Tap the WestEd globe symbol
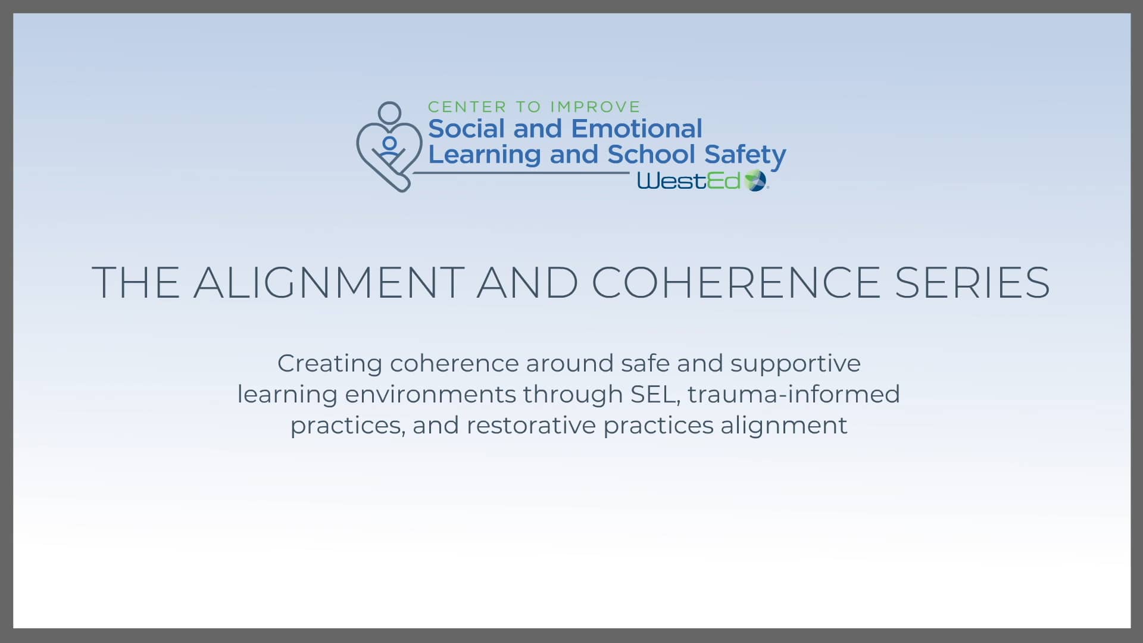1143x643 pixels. pyautogui.click(x=755, y=180)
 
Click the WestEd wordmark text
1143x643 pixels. pyautogui.click(x=689, y=181)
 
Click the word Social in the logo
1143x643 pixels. pyautogui.click(x=466, y=129)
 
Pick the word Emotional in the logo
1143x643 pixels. pyautogui.click(x=636, y=129)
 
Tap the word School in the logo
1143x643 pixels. pyautogui.click(x=651, y=154)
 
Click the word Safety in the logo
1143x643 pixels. pyautogui.click(x=745, y=155)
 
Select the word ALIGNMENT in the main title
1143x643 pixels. pyautogui.click(x=329, y=282)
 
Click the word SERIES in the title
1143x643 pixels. pyautogui.click(x=972, y=282)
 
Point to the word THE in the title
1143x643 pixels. pyautogui.click(x=136, y=282)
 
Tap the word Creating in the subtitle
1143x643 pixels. pyautogui.click(x=330, y=364)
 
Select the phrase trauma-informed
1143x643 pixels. pyautogui.click(x=794, y=394)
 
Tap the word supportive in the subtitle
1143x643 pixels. pyautogui.click(x=795, y=364)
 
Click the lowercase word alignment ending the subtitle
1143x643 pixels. pyautogui.click(x=783, y=426)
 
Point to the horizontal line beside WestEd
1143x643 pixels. pyautogui.click(x=521, y=173)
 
